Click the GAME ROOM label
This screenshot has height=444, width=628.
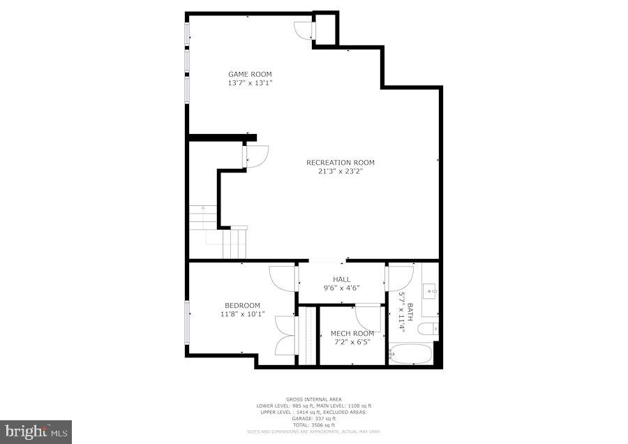tap(250, 74)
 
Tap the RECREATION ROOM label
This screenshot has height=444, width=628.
tap(341, 163)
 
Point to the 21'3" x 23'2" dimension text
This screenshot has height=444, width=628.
tap(341, 171)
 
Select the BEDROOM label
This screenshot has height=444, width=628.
tap(242, 305)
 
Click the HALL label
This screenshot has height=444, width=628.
tap(341, 279)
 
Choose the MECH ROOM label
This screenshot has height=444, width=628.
tap(352, 334)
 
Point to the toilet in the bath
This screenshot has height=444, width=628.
tap(431, 327)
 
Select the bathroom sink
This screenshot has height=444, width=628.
tap(431, 288)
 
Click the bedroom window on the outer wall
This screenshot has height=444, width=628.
tap(186, 322)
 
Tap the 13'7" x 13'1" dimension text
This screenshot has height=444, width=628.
tap(250, 83)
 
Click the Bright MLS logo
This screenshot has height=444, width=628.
tap(36, 431)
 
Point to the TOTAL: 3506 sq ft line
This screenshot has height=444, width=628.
tap(313, 425)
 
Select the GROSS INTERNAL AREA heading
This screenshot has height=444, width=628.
tap(313, 399)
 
